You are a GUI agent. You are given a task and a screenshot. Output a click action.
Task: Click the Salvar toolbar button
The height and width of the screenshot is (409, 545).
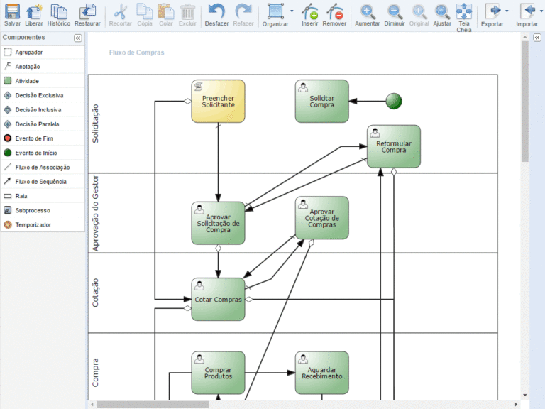12,16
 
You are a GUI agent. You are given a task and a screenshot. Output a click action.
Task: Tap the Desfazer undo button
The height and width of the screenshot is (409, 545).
216,16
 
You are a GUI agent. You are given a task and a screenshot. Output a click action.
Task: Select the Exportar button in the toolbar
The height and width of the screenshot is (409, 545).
492,16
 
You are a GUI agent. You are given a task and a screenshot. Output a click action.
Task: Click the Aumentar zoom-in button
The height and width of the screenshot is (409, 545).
367,16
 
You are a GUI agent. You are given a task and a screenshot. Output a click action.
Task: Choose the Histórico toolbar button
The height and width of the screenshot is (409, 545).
59,16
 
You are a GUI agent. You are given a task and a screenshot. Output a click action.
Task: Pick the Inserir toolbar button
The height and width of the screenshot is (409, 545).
309,16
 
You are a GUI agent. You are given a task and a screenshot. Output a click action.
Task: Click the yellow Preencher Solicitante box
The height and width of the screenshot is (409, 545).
219,102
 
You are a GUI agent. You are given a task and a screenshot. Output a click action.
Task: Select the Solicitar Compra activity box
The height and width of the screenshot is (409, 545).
322,102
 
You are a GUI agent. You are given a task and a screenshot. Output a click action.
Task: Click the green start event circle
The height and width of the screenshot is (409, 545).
394,102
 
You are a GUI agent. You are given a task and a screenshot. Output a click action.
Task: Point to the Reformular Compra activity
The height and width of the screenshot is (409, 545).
394,146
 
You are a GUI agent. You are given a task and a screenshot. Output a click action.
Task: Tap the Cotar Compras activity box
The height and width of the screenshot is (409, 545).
219,299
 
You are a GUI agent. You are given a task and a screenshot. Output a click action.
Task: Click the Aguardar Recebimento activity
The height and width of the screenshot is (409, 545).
322,373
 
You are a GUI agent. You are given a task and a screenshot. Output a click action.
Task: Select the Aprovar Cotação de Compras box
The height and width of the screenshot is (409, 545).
322,218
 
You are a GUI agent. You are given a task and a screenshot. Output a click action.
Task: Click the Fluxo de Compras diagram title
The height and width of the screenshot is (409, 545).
136,53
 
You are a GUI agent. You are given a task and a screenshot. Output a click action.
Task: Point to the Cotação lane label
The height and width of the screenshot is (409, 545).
95,293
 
